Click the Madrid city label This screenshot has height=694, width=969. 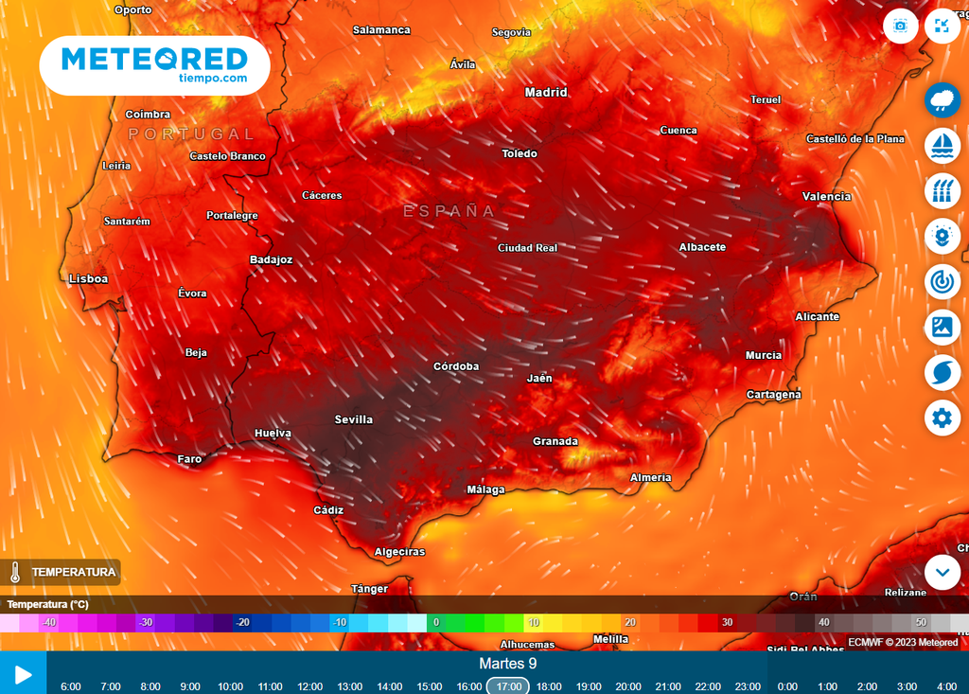coord(546,93)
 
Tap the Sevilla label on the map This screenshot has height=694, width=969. coord(354,419)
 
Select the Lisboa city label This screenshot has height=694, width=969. coord(89,279)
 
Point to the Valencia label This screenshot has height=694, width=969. coord(826,196)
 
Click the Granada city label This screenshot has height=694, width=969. coord(555,441)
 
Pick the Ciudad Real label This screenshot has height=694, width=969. coord(527,248)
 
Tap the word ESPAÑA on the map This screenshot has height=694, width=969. coord(449,211)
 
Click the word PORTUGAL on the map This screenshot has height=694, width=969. coord(191,134)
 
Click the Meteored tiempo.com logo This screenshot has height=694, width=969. coord(155,65)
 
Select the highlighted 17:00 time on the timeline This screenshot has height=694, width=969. coord(508,686)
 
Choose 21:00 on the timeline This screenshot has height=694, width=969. coord(668,686)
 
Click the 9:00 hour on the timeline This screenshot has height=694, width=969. coord(190,686)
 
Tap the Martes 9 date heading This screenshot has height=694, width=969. coord(508,664)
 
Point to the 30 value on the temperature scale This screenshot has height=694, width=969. coord(727,622)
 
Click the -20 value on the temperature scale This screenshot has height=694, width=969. coord(243,622)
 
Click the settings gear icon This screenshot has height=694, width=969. coord(942,418)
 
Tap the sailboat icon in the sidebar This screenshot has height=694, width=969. coord(942,144)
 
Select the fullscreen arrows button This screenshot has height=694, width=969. coord(942,26)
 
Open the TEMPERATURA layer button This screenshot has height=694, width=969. coord(64,572)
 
